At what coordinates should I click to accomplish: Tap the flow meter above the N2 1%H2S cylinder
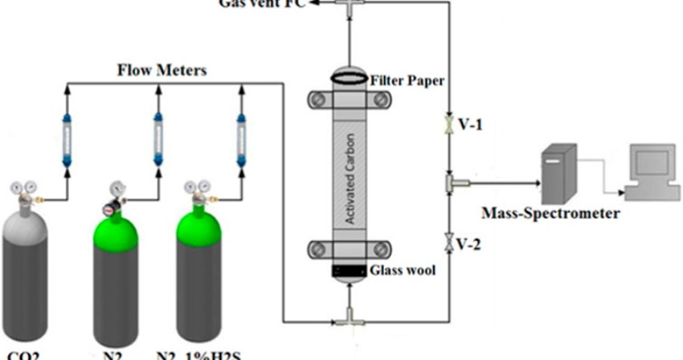239,135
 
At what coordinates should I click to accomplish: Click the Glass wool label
403,271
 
